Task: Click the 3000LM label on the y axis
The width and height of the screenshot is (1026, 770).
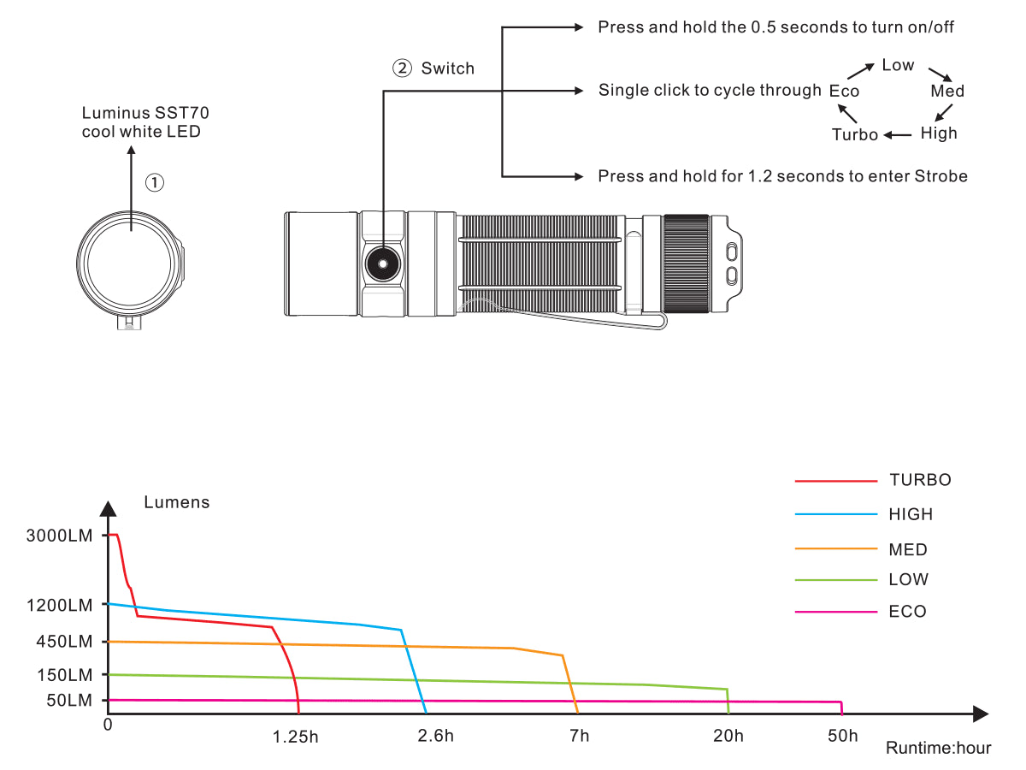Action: pos(60,536)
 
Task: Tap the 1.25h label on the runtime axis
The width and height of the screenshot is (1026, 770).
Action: pos(296,737)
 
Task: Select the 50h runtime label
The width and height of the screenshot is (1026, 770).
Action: pos(842,736)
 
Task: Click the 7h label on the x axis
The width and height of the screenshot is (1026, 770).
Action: pos(579,736)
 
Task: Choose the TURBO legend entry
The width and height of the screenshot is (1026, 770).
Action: pos(920,480)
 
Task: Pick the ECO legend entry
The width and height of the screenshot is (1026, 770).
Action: pos(907,612)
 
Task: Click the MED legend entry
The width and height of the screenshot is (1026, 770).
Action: pos(908,550)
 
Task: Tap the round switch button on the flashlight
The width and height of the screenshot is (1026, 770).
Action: pos(381,264)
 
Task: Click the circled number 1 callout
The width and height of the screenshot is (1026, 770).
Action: pos(154,181)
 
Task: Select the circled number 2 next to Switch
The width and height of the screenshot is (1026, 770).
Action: pos(402,68)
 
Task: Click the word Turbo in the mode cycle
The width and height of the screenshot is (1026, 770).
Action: pos(855,134)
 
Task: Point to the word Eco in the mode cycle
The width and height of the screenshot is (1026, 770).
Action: pos(844,91)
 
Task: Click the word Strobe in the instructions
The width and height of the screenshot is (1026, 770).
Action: pos(940,176)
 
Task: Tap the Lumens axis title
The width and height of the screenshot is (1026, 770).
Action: pos(176,502)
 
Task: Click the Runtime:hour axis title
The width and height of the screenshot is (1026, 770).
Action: pos(938,748)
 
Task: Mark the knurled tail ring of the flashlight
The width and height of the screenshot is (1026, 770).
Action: pos(686,264)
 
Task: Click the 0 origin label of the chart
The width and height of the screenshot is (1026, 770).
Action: pos(108,725)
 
